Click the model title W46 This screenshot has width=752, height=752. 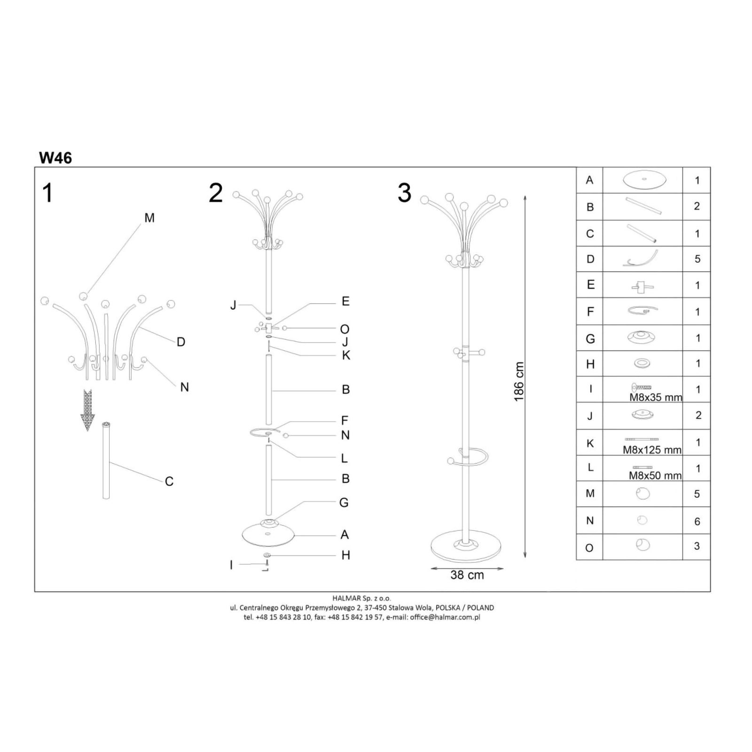[55, 157]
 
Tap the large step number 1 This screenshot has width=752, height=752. [47, 193]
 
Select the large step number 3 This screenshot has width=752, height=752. [404, 193]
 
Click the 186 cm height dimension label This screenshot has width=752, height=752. [518, 382]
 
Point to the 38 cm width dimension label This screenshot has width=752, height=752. [467, 575]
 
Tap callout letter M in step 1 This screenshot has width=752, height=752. [149, 218]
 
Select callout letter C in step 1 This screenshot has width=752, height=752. [169, 481]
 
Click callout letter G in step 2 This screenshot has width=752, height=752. [344, 502]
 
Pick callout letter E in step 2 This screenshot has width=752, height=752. [345, 301]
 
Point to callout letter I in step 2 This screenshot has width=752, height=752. [231, 565]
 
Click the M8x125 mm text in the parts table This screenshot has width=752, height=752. [652, 450]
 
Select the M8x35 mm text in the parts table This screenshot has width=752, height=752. [656, 397]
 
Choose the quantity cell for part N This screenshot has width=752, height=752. [697, 521]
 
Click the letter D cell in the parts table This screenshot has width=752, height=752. [590, 259]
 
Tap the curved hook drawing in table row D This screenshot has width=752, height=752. [641, 258]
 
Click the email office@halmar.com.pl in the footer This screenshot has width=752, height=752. [445, 617]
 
